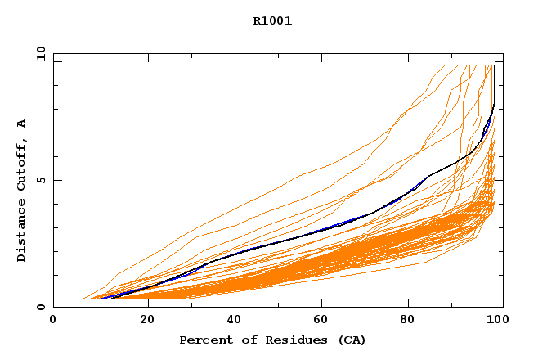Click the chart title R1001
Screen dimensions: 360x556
272,21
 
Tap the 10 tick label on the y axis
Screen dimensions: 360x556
40,53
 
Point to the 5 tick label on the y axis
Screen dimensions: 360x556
43,180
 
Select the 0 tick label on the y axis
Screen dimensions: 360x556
43,307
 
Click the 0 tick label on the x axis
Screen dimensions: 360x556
53,322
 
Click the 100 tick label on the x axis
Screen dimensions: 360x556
494,322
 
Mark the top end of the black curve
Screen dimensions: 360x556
494,66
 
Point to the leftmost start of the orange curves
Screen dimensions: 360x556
83,299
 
